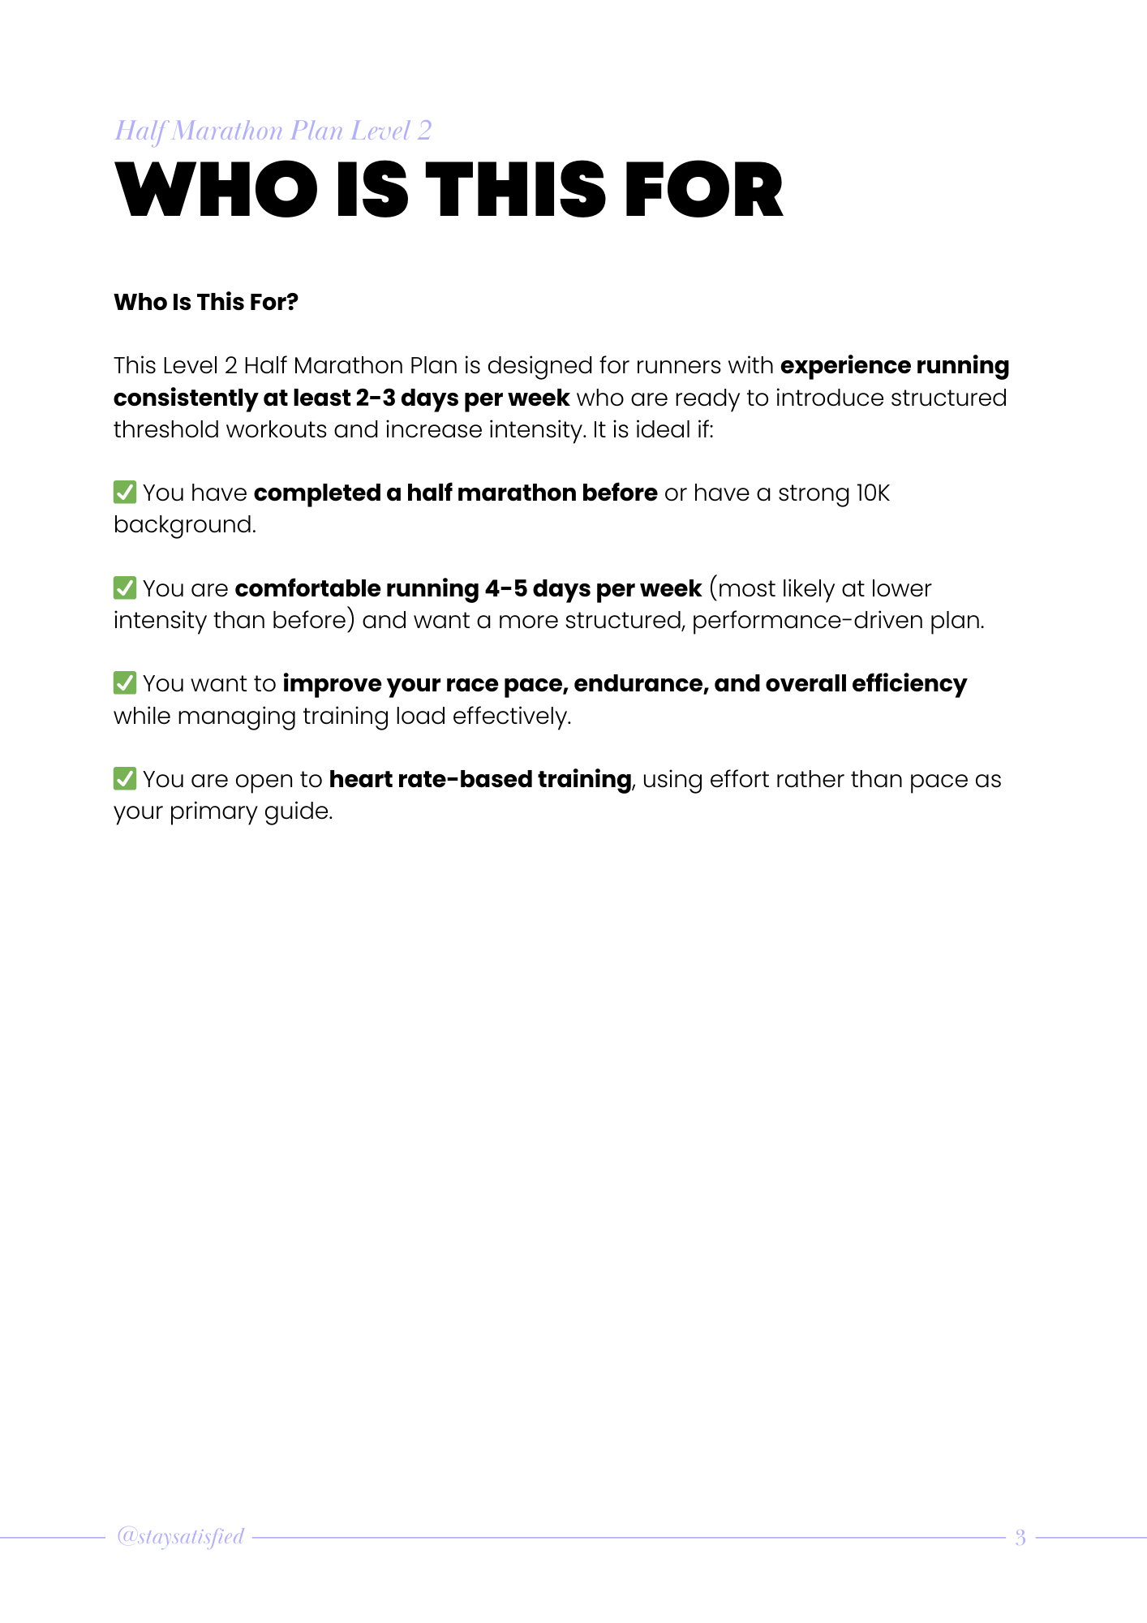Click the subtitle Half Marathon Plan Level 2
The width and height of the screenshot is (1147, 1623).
(273, 131)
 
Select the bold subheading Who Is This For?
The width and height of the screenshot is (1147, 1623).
(206, 302)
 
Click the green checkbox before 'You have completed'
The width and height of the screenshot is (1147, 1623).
(125, 492)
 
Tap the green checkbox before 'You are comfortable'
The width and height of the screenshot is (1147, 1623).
(125, 588)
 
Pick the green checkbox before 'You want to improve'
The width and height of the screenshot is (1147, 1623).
(125, 682)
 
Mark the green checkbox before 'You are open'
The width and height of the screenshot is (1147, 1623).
(125, 778)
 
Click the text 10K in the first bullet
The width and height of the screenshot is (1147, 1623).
(873, 493)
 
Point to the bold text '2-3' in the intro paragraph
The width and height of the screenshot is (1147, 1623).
(375, 398)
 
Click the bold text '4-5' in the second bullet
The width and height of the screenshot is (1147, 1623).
(505, 588)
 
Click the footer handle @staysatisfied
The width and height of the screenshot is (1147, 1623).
(180, 1536)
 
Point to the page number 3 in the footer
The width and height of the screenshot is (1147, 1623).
(1020, 1537)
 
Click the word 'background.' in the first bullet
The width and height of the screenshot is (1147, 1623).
(185, 525)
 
